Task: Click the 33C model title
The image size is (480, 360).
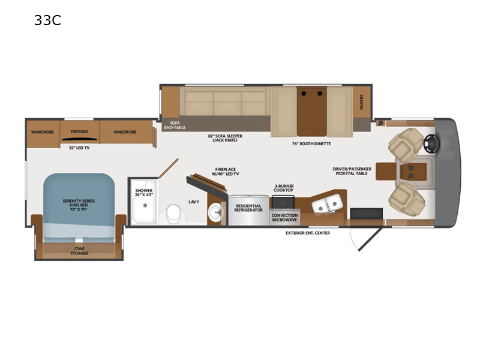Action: point(48,22)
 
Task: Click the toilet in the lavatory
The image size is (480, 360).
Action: point(173,212)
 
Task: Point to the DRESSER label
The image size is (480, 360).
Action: point(79,131)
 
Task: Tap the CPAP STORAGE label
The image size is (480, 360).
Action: point(79,251)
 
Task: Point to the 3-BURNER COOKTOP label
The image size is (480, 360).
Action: point(284,188)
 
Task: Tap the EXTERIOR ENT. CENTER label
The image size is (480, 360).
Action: point(308,233)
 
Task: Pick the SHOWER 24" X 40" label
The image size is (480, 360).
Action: point(144,193)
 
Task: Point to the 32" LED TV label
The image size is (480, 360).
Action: point(79,148)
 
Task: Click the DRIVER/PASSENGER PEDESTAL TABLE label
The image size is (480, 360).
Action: point(352,172)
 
